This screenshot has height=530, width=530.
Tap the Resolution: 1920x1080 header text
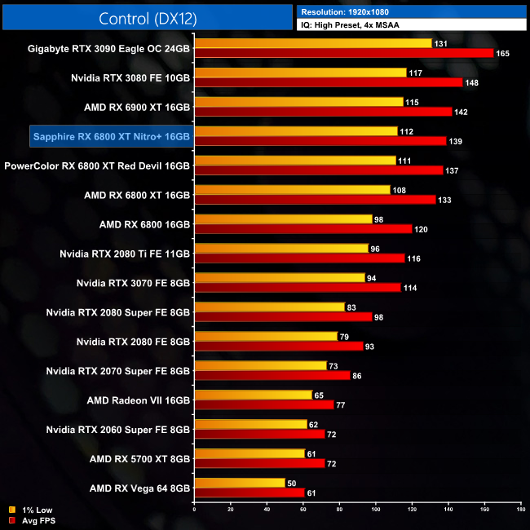coord(345,12)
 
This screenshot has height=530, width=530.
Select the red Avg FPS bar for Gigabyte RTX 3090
coord(343,53)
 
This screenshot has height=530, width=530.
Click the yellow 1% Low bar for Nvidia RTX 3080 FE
coord(299,73)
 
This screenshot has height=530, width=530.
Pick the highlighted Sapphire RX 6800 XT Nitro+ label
coord(111,136)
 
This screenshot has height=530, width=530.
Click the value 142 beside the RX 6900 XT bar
coord(462,112)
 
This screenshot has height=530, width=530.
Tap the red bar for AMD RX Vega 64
coord(249,492)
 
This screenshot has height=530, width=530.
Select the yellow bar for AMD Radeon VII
coord(254,395)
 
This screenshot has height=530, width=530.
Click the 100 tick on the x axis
coord(376,511)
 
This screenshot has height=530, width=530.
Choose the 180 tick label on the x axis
coord(520,511)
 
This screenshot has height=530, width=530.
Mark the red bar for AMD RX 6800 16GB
coord(303,229)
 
